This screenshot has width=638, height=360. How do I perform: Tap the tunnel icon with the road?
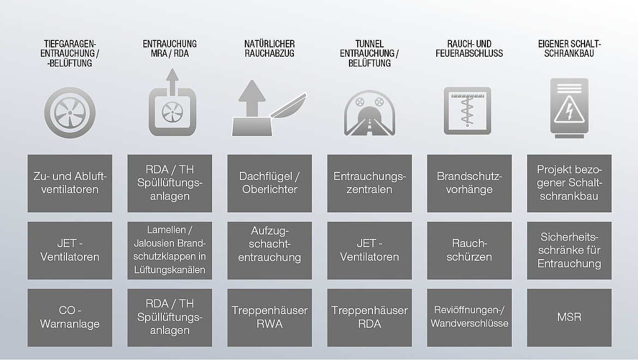coord(369,114)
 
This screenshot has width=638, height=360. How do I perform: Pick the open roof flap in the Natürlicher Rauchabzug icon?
coord(288,106)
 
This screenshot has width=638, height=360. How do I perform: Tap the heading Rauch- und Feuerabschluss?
coord(469,49)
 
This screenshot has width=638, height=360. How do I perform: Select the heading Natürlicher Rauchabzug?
coord(269,49)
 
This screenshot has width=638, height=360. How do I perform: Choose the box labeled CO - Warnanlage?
coord(70,317)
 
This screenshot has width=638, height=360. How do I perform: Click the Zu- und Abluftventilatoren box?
coord(70,183)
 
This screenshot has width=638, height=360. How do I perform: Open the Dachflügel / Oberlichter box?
coord(269,183)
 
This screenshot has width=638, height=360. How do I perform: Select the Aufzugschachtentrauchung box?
coord(269,250)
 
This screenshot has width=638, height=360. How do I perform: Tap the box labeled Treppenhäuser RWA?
coord(269,317)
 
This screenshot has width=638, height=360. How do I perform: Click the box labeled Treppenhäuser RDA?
coord(369,317)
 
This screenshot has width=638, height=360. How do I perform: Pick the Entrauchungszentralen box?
coord(369,183)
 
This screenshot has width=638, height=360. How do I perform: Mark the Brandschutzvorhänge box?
coord(469,183)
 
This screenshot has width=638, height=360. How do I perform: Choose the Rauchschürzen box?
coord(469,250)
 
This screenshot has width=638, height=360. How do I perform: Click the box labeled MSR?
coord(569,317)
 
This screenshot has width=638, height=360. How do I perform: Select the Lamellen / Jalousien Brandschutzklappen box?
coord(170,250)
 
